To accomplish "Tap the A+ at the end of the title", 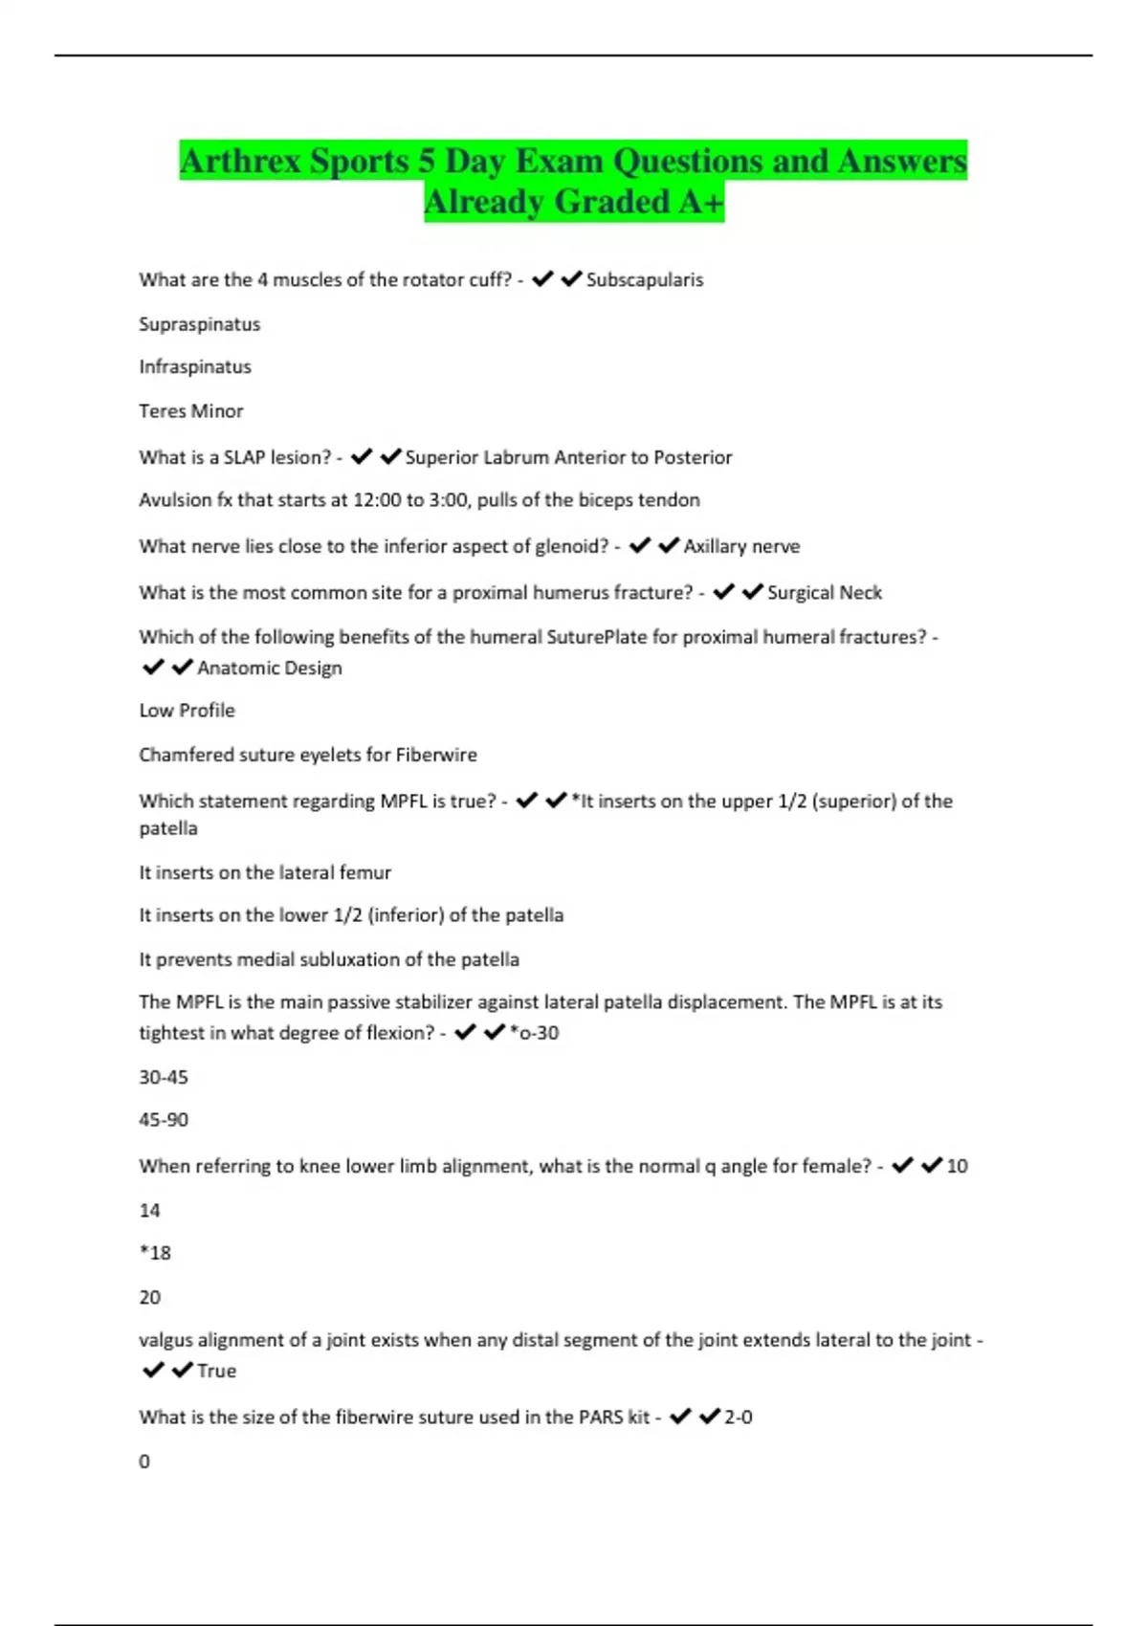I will pos(698,202).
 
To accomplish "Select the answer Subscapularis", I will pos(644,279).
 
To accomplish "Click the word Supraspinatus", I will pos(199,324).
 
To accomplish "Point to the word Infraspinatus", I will pos(195,366).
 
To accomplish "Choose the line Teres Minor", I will pos(191,411).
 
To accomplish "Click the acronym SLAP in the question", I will pos(244,457).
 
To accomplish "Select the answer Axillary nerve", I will pos(741,546).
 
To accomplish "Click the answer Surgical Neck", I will pos(824,592).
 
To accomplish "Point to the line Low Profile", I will pos(187,710).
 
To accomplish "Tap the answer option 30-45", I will pos(164,1077).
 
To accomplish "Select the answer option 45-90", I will pos(164,1119).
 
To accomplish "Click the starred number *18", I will pos(155,1253).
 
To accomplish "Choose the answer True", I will pos(216,1371).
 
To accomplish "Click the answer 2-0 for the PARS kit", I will pos(738,1417).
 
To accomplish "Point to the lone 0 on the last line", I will pos(144,1461).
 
